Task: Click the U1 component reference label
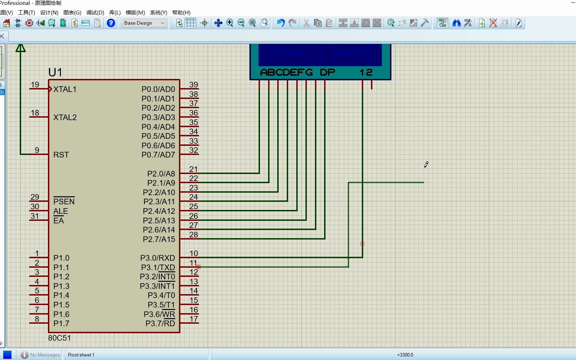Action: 55,73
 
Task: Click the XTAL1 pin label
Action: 65,89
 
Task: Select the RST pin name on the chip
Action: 61,155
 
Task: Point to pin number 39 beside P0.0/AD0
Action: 193,85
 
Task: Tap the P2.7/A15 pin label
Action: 159,239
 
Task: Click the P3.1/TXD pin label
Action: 158,267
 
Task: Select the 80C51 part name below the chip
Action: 60,338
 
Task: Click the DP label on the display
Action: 327,72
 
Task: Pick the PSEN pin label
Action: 64,201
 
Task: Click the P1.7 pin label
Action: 61,323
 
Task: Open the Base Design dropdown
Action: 144,23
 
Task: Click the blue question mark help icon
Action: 111,23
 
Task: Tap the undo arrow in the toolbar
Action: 280,23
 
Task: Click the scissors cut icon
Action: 306,23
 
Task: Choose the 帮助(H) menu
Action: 181,12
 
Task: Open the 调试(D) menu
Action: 95,12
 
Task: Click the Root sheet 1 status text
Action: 81,355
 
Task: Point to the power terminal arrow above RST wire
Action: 21,48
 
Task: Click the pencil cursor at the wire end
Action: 426,165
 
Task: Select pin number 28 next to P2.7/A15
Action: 193,235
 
